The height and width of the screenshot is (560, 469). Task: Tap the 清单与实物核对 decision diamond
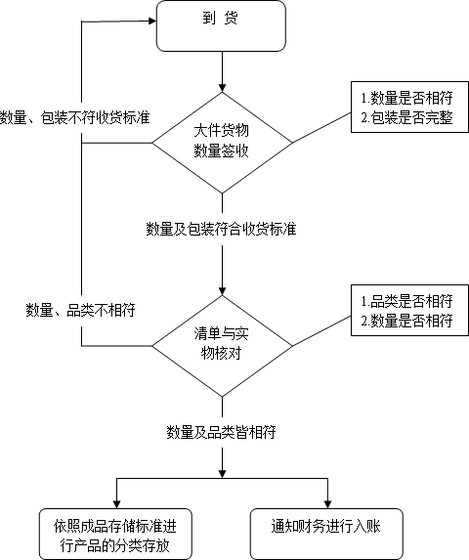click(223, 344)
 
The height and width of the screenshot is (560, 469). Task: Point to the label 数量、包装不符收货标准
click(75, 117)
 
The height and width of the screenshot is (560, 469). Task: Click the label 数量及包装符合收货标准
click(222, 229)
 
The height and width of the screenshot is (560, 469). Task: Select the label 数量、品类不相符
click(80, 310)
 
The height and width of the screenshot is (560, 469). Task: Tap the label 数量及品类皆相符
click(221, 431)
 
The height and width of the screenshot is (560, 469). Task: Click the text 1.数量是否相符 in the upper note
click(407, 99)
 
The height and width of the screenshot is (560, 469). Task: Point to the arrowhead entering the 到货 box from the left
click(150, 17)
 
